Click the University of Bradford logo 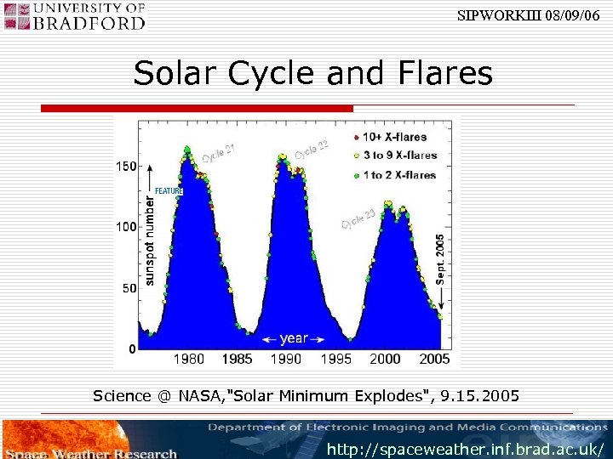point(74,16)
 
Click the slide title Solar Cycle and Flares point(312,74)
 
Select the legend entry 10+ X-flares point(392,137)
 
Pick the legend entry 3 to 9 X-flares point(392,156)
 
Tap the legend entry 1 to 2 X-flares point(392,175)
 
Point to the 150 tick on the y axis point(126,166)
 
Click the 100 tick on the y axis point(126,227)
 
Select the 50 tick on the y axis point(129,288)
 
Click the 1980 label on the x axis point(188,359)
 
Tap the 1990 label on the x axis point(286,359)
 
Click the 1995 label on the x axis point(335,359)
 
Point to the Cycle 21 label point(219,156)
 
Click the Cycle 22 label point(312,150)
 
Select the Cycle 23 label point(358,218)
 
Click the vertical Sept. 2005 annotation point(440,259)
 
